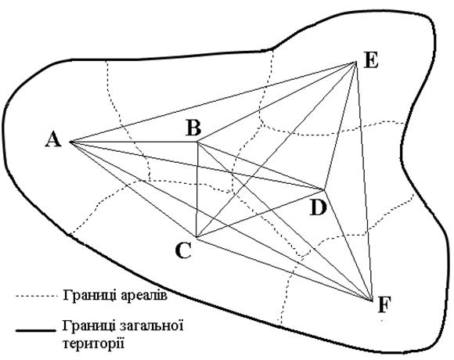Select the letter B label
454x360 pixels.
coord(193,128)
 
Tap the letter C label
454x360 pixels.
coord(184,250)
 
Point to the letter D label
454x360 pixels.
coord(318,207)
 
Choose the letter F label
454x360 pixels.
coord(384,305)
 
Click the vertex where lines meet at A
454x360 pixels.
coord(70,142)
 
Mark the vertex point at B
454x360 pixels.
coord(197,142)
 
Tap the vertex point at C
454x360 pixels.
coord(196,237)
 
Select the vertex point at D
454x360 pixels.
coord(324,190)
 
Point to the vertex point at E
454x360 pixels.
coord(355,63)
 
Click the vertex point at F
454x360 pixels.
coord(372,300)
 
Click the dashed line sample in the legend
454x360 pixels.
coord(34,297)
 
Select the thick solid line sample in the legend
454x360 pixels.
coord(35,330)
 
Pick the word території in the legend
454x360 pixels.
coord(93,344)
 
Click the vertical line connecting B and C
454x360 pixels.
coord(197,189)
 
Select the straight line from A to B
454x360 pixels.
coord(134,142)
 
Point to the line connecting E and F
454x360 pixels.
coord(364,181)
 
